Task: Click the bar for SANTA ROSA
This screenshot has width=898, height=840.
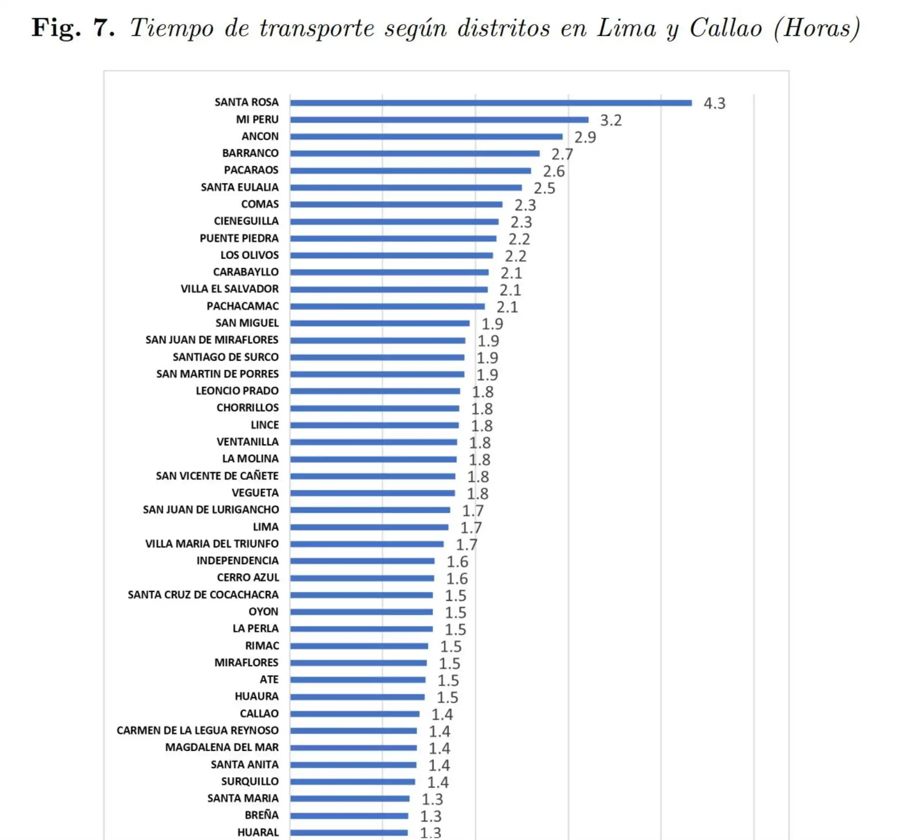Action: (491, 103)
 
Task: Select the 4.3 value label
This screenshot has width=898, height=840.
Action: (714, 103)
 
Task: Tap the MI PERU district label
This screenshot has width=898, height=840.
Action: (257, 119)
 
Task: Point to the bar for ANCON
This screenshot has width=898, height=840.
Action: (426, 136)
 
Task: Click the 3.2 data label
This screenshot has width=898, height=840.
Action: (611, 120)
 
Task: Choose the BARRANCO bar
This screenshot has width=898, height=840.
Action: (415, 153)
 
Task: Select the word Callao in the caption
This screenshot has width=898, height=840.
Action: (725, 28)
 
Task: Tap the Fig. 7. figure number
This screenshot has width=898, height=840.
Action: (73, 27)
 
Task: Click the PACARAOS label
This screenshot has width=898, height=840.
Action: (251, 170)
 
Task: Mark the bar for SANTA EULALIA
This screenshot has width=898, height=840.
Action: (406, 188)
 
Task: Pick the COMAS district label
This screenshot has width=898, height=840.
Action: (259, 204)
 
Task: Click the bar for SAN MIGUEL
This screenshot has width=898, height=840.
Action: (380, 323)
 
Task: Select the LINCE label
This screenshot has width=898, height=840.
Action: (264, 425)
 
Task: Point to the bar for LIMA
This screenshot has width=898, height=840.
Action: (369, 527)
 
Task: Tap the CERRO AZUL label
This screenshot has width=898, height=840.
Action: (247, 577)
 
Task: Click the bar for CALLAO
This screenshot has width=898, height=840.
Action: (355, 714)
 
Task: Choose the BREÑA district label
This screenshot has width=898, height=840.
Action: (261, 815)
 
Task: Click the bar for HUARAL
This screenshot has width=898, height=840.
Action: (349, 832)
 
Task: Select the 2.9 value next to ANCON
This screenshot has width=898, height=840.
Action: (585, 137)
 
